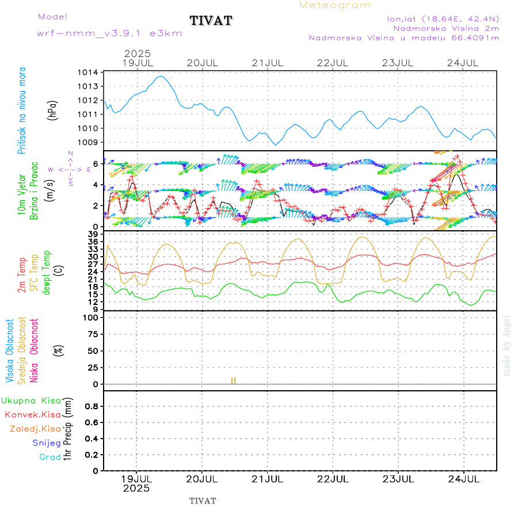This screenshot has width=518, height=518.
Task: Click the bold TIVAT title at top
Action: (211, 21)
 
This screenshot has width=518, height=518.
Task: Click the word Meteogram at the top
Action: (335, 5)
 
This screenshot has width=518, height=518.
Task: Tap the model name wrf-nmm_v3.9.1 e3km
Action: (109, 33)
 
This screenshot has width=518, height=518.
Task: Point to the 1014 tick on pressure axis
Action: (89, 73)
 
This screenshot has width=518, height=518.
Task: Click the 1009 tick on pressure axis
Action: (89, 142)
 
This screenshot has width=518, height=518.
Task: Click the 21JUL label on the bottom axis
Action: (268, 478)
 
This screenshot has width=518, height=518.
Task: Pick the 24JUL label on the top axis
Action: (464, 62)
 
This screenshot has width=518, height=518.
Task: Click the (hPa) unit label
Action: (53, 110)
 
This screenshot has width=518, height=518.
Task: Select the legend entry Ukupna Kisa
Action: (31, 401)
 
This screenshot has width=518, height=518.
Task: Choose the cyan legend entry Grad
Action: (49, 457)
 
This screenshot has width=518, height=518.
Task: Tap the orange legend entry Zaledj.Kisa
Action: (35, 429)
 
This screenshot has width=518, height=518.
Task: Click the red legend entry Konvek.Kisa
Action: (33, 414)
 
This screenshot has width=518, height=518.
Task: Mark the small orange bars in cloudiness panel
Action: (233, 381)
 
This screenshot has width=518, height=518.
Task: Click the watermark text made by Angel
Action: (507, 345)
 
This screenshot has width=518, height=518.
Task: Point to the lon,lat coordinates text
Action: (443, 18)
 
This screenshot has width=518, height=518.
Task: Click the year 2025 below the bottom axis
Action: (136, 488)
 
